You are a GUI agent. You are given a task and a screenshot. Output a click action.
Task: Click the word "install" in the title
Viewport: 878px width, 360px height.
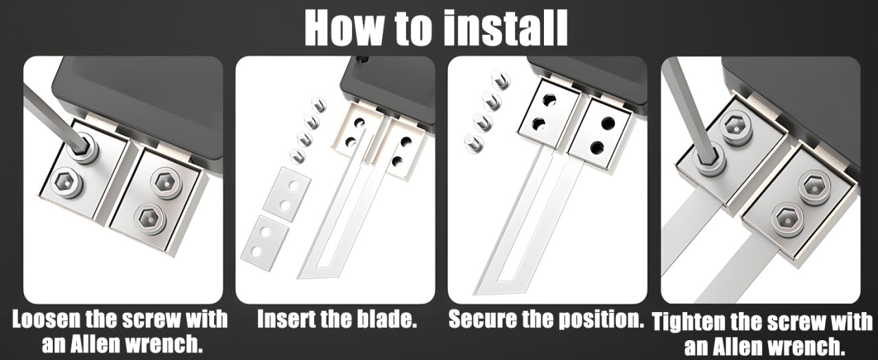click(x=506, y=28)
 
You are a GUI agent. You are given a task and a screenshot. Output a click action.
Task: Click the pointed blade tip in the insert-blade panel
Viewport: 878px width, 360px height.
click(x=298, y=277)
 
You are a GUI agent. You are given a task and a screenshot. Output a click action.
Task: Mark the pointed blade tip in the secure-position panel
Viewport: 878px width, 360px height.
click(x=476, y=293)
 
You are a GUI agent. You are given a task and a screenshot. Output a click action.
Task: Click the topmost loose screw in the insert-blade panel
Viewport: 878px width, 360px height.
click(x=319, y=105)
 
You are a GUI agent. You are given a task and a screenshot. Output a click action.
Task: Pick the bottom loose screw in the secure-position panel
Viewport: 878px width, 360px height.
click(x=473, y=143)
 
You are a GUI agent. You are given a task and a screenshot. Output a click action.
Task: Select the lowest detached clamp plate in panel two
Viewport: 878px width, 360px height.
click(x=265, y=243)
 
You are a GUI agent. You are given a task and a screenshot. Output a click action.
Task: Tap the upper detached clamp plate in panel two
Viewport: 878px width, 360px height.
click(x=287, y=195)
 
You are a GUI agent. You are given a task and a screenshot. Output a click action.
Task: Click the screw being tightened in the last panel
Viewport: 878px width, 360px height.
click(x=710, y=160)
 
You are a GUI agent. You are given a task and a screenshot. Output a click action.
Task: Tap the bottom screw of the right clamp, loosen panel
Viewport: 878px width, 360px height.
click(x=150, y=219)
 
